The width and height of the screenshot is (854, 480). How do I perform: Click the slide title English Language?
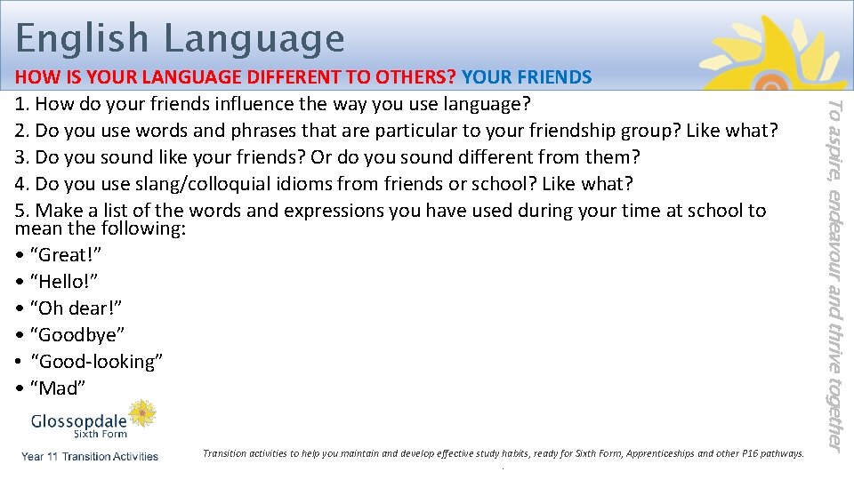click(180, 38)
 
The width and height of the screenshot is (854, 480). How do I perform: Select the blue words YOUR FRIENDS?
click(527, 77)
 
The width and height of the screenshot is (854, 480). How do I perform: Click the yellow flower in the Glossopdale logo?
click(141, 413)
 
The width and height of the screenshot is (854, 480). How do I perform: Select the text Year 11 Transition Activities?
click(90, 457)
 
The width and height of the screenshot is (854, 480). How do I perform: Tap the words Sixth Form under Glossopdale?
click(100, 435)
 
